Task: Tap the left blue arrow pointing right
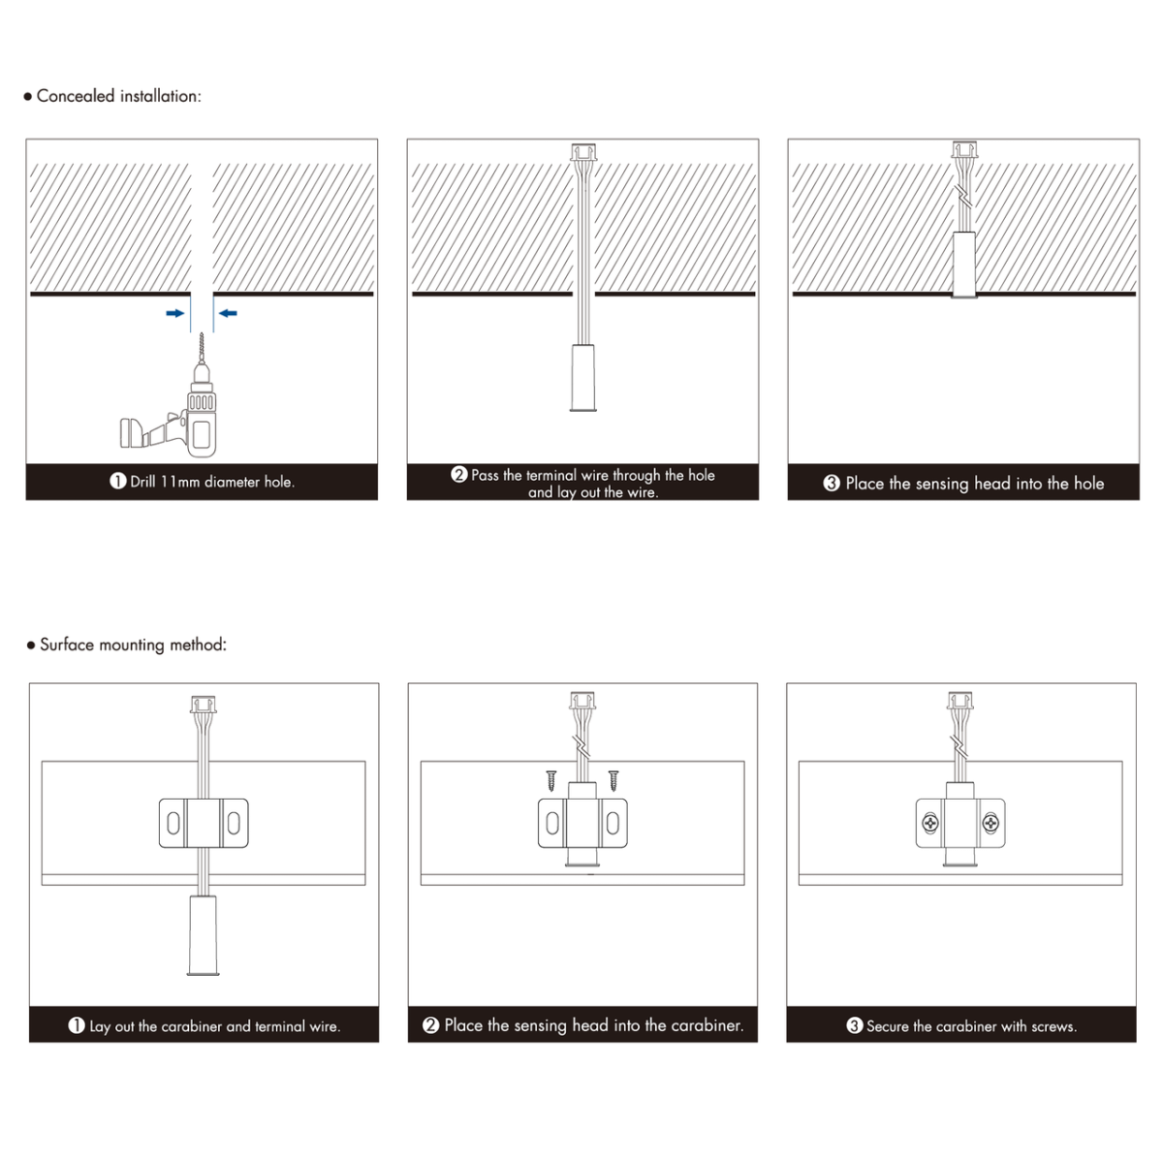click(x=175, y=313)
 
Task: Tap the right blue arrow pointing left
click(x=228, y=313)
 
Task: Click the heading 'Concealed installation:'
click(x=119, y=96)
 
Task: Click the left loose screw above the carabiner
click(x=551, y=780)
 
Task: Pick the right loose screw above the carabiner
click(x=613, y=780)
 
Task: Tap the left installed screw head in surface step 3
click(x=930, y=823)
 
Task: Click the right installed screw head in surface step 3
click(x=990, y=823)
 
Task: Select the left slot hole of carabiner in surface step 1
click(x=173, y=823)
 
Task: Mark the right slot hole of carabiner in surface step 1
click(x=234, y=823)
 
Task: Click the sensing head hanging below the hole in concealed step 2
click(x=583, y=378)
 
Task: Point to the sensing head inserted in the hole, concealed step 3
click(x=964, y=265)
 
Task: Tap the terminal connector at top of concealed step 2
click(x=583, y=151)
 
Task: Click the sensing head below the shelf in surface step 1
click(x=204, y=935)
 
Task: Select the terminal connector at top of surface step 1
click(x=204, y=705)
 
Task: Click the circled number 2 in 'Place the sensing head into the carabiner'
click(x=431, y=1025)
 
